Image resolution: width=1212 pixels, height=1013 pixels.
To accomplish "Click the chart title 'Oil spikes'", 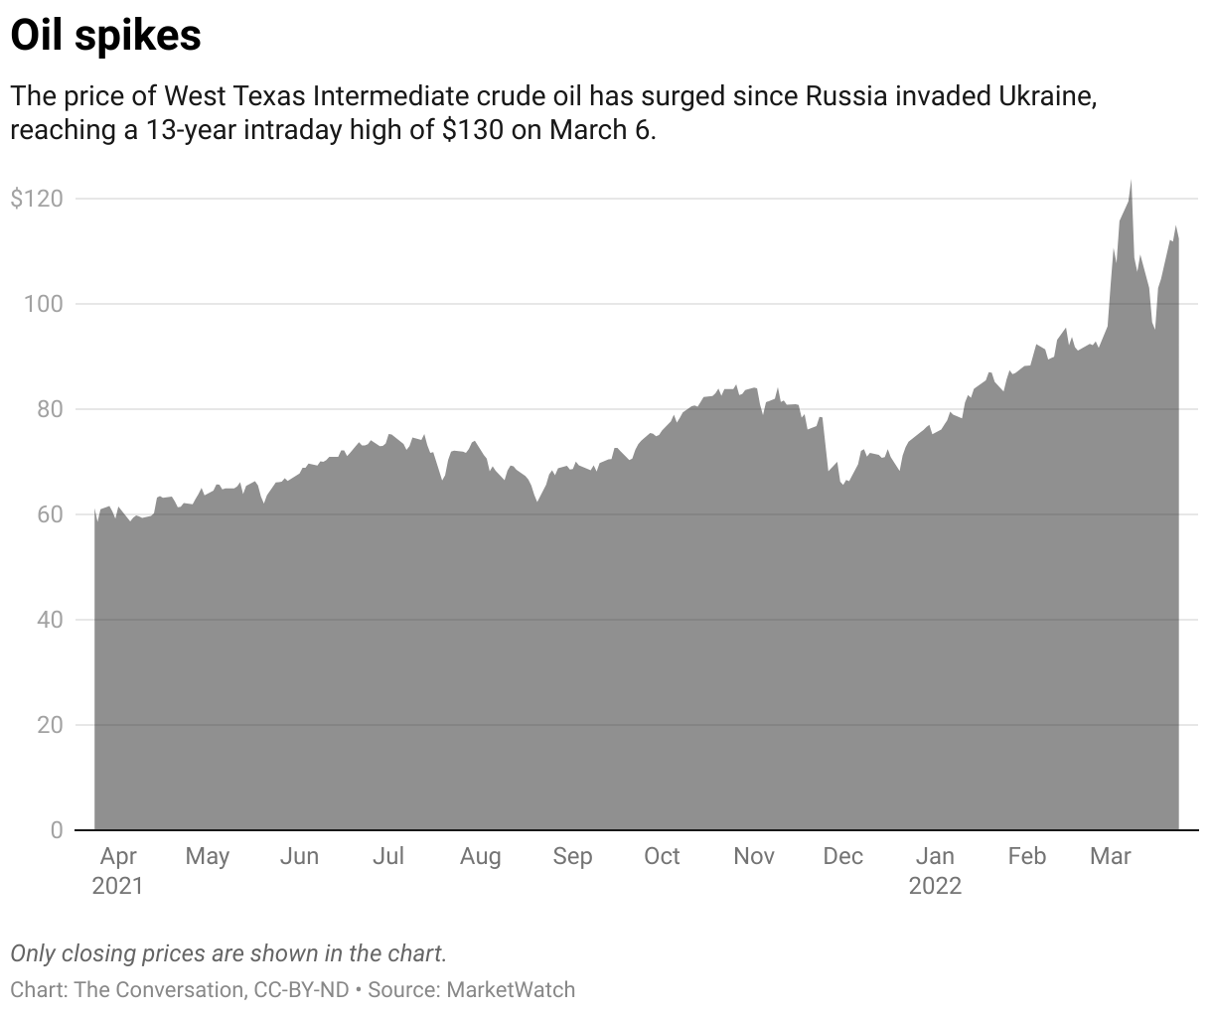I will [105, 36].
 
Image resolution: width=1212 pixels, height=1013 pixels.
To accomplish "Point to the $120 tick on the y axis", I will [37, 199].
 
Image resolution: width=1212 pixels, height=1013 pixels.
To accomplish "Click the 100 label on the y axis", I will [43, 304].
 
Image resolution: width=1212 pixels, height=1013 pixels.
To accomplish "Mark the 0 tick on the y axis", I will [57, 830].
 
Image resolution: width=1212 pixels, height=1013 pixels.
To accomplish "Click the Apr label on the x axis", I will [118, 856].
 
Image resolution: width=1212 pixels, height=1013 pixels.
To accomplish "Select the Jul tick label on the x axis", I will [387, 856].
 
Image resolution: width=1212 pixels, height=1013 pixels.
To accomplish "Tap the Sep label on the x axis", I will [572, 856].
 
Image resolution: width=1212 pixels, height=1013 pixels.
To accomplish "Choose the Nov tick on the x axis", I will [754, 856].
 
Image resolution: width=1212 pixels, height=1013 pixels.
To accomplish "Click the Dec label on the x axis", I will [842, 856].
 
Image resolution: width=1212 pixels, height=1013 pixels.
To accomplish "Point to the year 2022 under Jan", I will [935, 885].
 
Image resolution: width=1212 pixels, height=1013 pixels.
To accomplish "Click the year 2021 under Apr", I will [118, 885].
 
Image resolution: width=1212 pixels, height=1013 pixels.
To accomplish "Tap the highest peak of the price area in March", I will [1131, 182].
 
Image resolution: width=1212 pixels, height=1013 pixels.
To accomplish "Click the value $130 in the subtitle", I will [472, 131].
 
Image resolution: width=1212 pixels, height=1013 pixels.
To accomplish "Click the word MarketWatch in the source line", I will [511, 989].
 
